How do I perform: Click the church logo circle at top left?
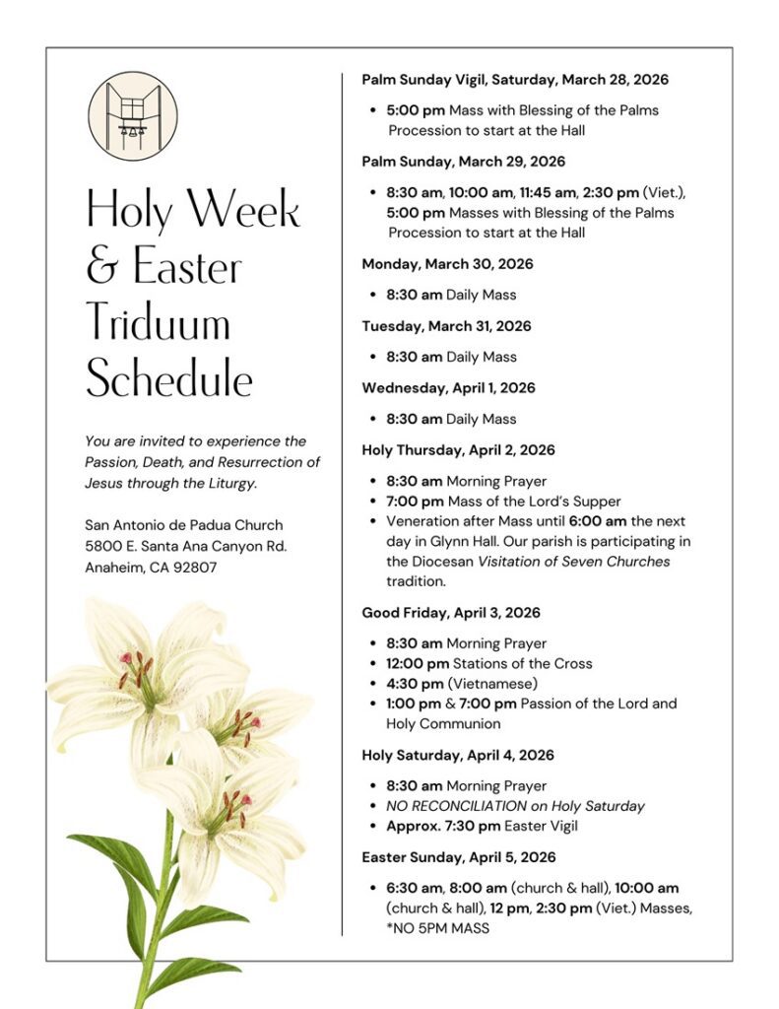coord(133,116)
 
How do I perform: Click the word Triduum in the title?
coord(158,323)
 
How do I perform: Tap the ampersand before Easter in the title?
coord(102,267)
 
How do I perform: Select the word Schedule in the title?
coord(168,378)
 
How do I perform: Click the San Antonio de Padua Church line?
coord(183,524)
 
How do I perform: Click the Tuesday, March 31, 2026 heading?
coord(446,325)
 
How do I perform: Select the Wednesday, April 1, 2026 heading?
coord(448,387)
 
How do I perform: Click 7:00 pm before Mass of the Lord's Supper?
coord(414,501)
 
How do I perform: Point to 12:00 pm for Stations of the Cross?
coord(417,663)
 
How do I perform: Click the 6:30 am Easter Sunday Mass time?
coord(414,888)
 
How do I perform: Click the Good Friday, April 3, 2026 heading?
coord(451,612)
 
